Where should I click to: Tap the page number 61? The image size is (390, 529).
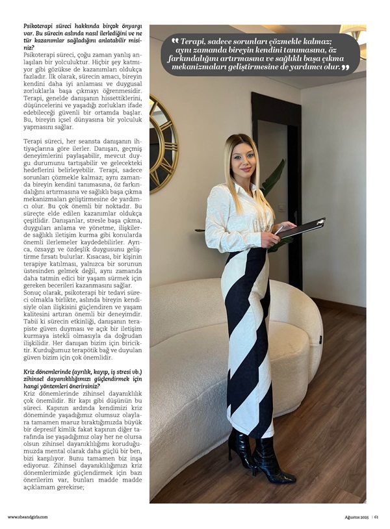coord(376,517)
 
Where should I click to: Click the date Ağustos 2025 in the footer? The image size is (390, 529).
coord(356,517)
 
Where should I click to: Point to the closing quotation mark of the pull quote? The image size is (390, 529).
coord(345,67)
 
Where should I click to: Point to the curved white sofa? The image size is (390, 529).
coord(188,364)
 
